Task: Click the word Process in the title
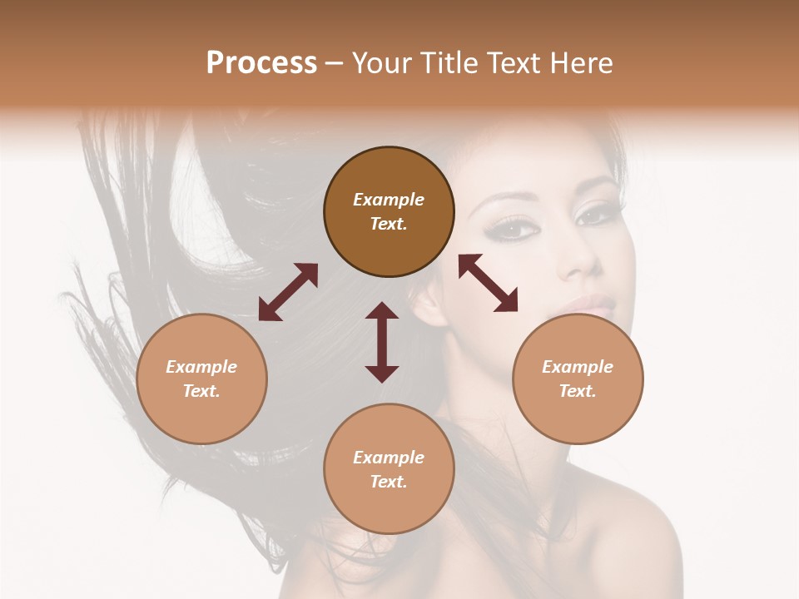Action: click(261, 63)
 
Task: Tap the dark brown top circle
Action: click(389, 211)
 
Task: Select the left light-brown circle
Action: click(201, 379)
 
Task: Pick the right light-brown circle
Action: click(578, 379)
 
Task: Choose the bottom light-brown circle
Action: click(389, 468)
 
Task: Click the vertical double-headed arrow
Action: click(382, 342)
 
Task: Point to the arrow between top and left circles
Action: click(288, 292)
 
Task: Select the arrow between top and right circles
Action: click(488, 283)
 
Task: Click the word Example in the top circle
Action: click(389, 200)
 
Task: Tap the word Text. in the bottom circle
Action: click(389, 482)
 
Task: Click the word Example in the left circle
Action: click(201, 367)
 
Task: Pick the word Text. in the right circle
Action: click(578, 391)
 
